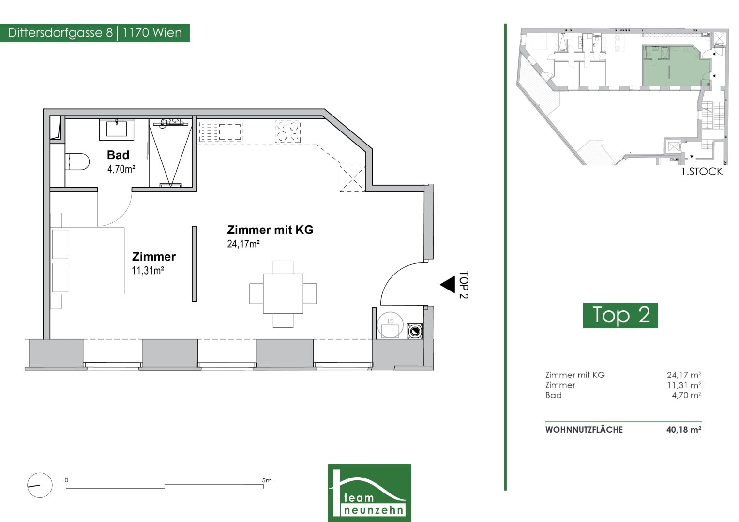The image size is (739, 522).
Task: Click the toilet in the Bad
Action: coord(77,161)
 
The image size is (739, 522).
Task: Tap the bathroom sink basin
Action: coord(117,129)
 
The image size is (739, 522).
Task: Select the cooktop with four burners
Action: coord(287,131)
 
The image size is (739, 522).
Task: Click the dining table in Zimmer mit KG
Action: coord(283,293)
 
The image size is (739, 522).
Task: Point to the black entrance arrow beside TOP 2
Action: coord(448,284)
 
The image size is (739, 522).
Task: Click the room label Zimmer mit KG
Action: coord(270,230)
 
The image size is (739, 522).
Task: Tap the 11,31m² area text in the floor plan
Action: coord(148,271)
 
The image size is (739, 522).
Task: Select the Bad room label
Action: coord(118,155)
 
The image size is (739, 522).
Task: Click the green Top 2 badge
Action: coord(620,315)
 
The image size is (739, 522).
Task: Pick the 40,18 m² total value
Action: coord(684,430)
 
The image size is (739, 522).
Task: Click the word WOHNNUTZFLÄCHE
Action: coord(584,430)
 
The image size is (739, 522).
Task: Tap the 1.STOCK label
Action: coord(702,172)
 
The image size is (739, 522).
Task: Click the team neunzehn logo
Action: coord(370,493)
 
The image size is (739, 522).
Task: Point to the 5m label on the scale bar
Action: coord(267,480)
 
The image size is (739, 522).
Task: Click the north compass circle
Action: coord(40,485)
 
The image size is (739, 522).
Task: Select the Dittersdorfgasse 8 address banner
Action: coord(95,33)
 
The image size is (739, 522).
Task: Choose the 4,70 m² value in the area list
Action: coord(687,395)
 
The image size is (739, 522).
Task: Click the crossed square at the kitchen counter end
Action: coord(353,179)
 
